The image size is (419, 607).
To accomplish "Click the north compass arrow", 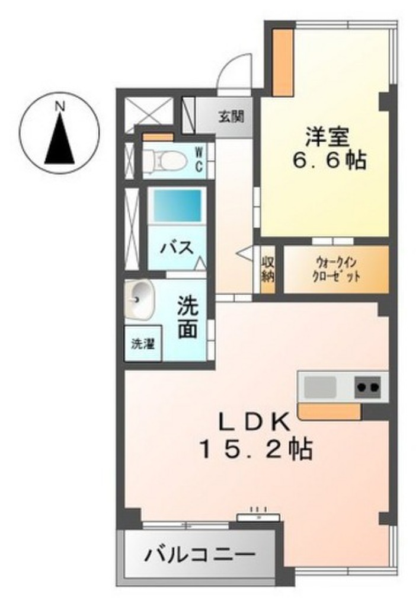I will pyautogui.click(x=59, y=141).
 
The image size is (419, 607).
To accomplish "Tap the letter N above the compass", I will pyautogui.click(x=59, y=107).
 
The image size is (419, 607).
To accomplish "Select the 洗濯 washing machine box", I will pyautogui.click(x=143, y=344).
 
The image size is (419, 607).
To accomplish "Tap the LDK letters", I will pyautogui.click(x=255, y=423).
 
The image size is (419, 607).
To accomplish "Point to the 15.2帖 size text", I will pyautogui.click(x=255, y=450).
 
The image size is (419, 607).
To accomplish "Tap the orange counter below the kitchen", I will pyautogui.click(x=329, y=411).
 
